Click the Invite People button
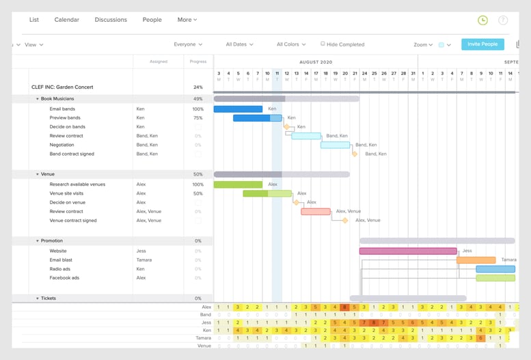(482, 44)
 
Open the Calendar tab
(67, 20)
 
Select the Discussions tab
(111, 20)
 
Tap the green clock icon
(482, 20)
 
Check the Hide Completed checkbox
(323, 44)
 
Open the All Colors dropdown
(291, 44)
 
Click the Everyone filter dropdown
(188, 44)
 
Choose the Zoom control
(423, 45)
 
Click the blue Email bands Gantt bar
(238, 109)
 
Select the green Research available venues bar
(238, 184)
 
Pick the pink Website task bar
(408, 251)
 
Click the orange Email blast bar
(476, 260)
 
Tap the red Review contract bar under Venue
(316, 212)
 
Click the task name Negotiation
(62, 145)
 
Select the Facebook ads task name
(64, 278)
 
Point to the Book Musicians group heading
(57, 99)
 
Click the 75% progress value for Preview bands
(198, 117)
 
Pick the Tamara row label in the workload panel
(204, 337)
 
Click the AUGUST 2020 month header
(316, 61)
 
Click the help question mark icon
(503, 20)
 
